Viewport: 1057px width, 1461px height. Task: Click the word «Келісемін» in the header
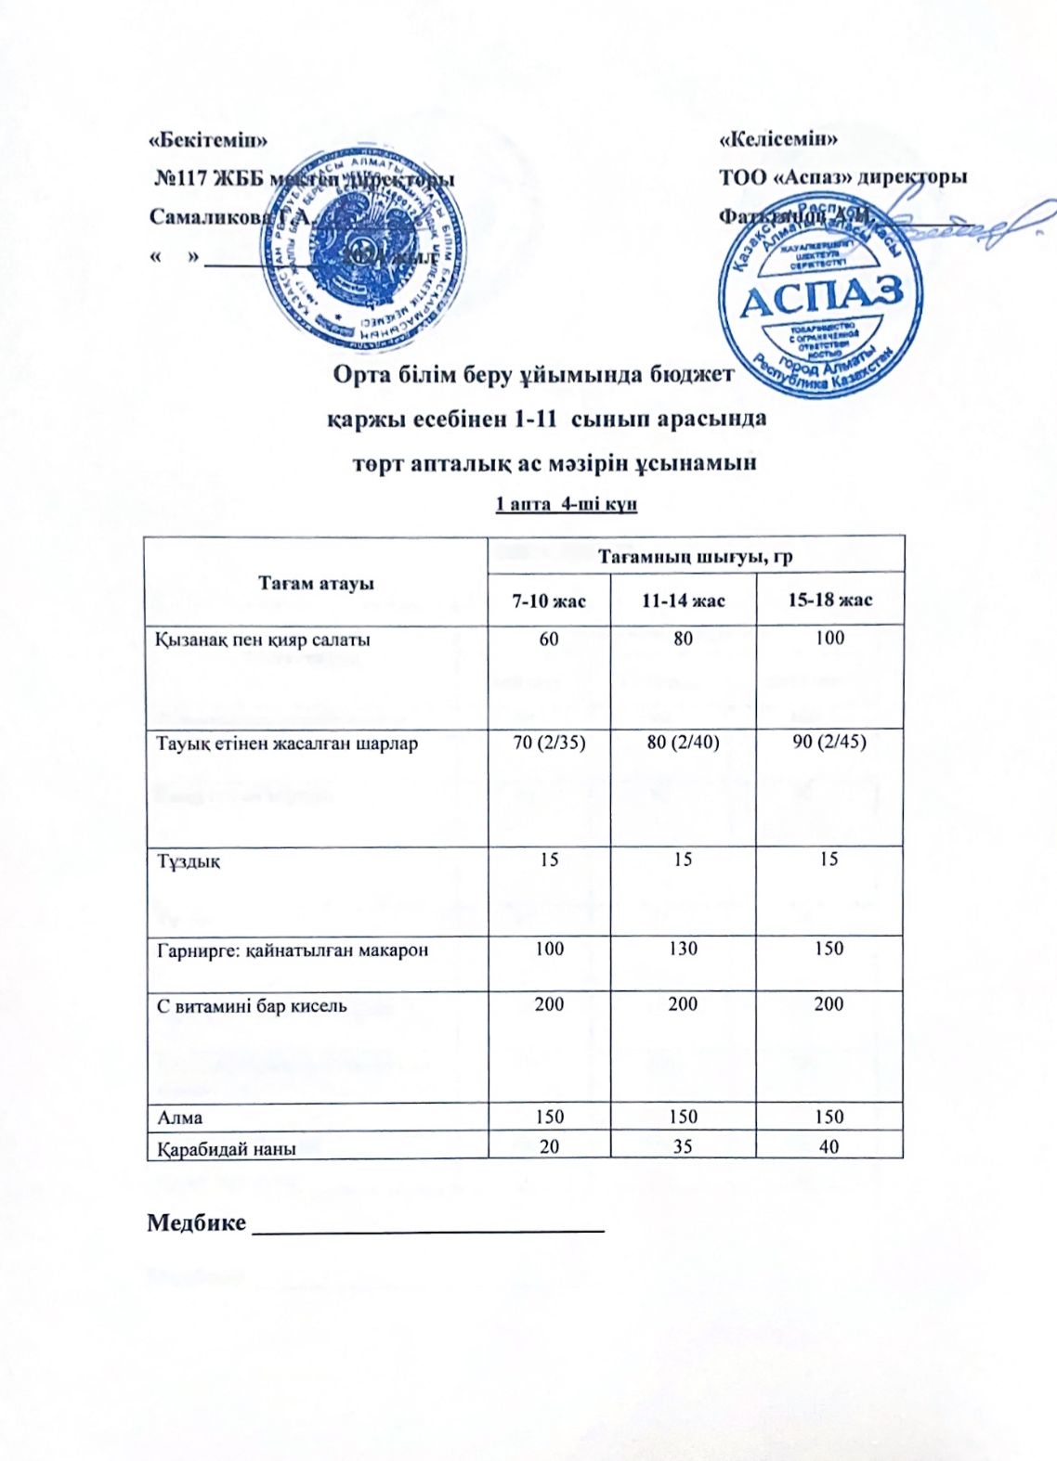click(x=778, y=140)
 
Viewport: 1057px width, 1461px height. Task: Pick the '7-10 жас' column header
click(x=549, y=601)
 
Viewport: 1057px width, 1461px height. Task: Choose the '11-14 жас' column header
click(x=683, y=601)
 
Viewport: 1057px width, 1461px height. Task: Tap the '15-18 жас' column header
click(x=829, y=601)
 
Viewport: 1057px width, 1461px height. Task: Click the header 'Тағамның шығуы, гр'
click(x=696, y=556)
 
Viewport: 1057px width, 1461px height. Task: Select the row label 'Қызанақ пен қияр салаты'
click(x=264, y=640)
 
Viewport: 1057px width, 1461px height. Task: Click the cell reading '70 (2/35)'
click(x=549, y=743)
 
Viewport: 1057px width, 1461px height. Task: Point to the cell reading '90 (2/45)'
click(x=829, y=743)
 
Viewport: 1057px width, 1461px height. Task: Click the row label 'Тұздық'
click(x=189, y=860)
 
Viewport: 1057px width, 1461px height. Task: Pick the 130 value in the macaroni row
click(x=683, y=949)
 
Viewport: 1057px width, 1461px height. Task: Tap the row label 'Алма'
click(x=179, y=1118)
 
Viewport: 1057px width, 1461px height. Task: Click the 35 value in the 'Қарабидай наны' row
click(x=683, y=1147)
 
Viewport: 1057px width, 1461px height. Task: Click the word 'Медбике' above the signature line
click(x=196, y=1222)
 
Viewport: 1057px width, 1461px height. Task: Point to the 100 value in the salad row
click(x=829, y=638)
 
